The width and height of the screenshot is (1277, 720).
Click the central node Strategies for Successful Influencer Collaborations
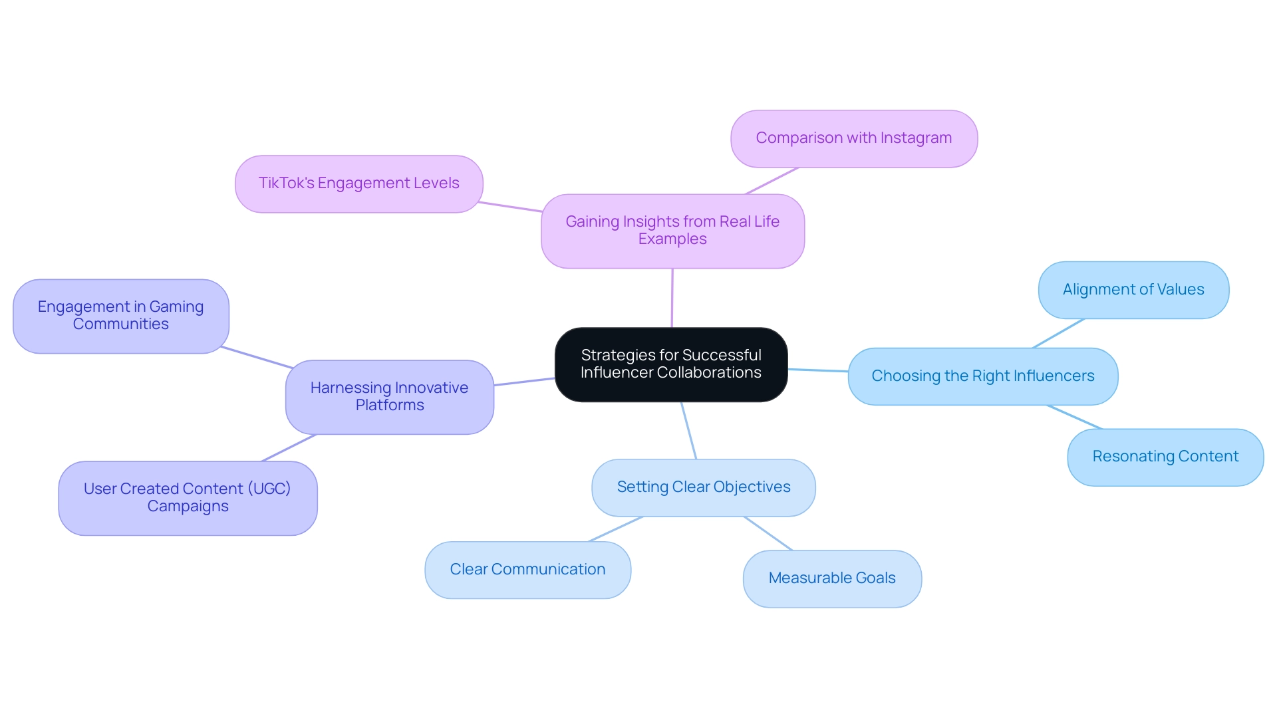[x=671, y=364]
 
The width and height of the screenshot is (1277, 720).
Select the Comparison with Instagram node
[x=853, y=138]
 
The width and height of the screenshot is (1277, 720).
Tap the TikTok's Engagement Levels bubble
[x=358, y=183]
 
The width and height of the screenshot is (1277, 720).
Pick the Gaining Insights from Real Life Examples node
[x=672, y=231]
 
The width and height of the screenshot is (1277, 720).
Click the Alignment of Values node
[x=1133, y=290]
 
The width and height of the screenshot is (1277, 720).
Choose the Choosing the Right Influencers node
[x=982, y=376]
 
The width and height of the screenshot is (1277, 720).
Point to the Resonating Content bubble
[x=1165, y=457]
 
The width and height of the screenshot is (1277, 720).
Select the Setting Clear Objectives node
[x=703, y=487]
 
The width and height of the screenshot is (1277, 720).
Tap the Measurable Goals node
[x=831, y=578]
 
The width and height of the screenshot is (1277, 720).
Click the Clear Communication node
[x=527, y=570]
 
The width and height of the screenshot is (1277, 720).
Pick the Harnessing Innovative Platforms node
[x=389, y=397]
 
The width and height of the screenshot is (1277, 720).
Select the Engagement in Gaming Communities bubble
[x=120, y=316]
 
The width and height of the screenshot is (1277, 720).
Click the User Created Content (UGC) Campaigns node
[x=188, y=498]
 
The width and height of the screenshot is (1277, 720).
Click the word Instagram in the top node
[x=916, y=138]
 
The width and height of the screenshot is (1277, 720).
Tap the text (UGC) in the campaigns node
[x=269, y=489]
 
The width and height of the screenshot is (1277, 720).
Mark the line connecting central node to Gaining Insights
[x=672, y=298]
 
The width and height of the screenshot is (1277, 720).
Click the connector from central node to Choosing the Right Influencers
[x=818, y=370]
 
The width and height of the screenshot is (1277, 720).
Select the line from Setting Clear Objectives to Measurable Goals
[x=768, y=534]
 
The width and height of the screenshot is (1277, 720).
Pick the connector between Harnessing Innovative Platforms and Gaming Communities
[x=257, y=357]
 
